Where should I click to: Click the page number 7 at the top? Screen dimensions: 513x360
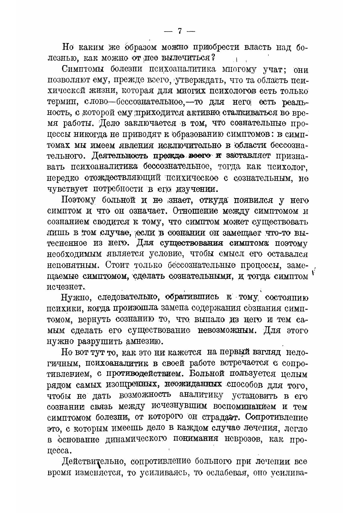pyautogui.click(x=180, y=31)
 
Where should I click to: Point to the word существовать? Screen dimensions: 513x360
pyautogui.click(x=279, y=221)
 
